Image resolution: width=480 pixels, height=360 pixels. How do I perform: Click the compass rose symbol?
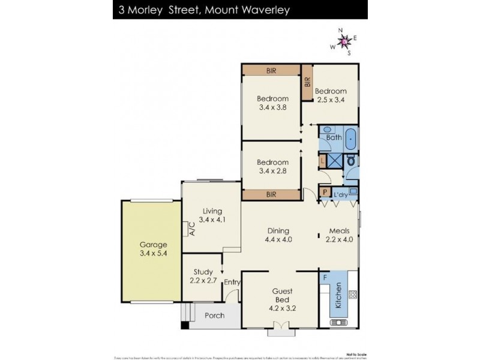click(x=345, y=41)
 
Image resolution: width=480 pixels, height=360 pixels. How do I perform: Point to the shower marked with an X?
click(x=334, y=160)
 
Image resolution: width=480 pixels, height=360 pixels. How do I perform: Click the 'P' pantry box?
click(x=325, y=193)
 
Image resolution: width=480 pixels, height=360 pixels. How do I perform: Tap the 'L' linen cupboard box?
click(x=322, y=160)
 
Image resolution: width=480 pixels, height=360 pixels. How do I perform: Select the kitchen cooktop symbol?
click(x=353, y=295)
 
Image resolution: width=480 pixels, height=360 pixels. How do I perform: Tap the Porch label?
click(x=215, y=316)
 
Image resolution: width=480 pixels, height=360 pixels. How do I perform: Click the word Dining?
click(x=278, y=230)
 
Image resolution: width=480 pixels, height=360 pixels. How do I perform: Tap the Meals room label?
click(x=339, y=230)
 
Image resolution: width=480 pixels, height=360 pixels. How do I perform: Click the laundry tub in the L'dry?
click(x=353, y=191)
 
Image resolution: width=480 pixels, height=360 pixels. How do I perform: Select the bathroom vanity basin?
click(x=327, y=129)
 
